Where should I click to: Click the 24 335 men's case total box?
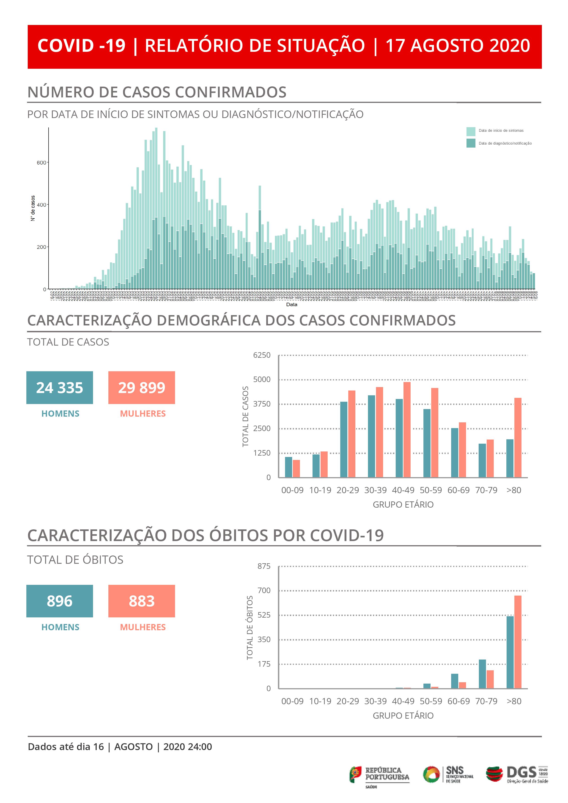(60, 388)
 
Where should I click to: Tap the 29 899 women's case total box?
(141, 388)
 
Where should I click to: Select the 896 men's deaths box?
(60, 601)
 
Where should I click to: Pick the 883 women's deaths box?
(141, 601)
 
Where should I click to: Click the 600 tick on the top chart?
(41, 163)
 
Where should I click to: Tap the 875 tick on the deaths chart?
(264, 566)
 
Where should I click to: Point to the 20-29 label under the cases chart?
(348, 490)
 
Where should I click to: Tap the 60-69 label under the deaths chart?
(458, 701)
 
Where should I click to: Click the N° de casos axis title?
(33, 208)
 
